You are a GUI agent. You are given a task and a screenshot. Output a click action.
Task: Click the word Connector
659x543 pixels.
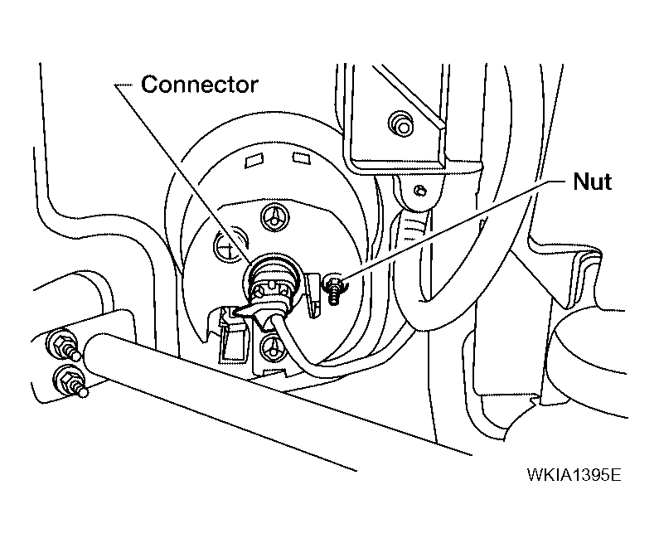tap(199, 85)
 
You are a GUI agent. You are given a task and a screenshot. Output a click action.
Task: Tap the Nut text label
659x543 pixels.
tap(592, 182)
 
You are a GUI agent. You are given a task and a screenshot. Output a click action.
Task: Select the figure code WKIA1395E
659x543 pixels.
tap(574, 475)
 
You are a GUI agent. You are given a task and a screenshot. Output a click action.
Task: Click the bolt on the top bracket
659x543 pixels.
tap(401, 124)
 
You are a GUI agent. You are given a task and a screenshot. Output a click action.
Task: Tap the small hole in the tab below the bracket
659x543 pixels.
tap(419, 191)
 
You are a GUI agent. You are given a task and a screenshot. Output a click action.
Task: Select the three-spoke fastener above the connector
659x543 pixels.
tap(275, 218)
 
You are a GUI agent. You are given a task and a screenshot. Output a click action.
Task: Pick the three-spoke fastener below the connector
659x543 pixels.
tap(274, 347)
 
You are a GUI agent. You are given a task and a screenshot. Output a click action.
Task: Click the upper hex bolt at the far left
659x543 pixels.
tap(63, 346)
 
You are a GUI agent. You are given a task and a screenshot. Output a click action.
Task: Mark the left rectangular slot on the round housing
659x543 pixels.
tap(254, 161)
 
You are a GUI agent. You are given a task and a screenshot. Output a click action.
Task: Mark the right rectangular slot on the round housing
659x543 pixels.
tap(302, 158)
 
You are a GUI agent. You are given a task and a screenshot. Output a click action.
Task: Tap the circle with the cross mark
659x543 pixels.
tap(230, 245)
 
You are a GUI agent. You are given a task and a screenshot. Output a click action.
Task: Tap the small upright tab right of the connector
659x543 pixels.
tap(313, 295)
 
